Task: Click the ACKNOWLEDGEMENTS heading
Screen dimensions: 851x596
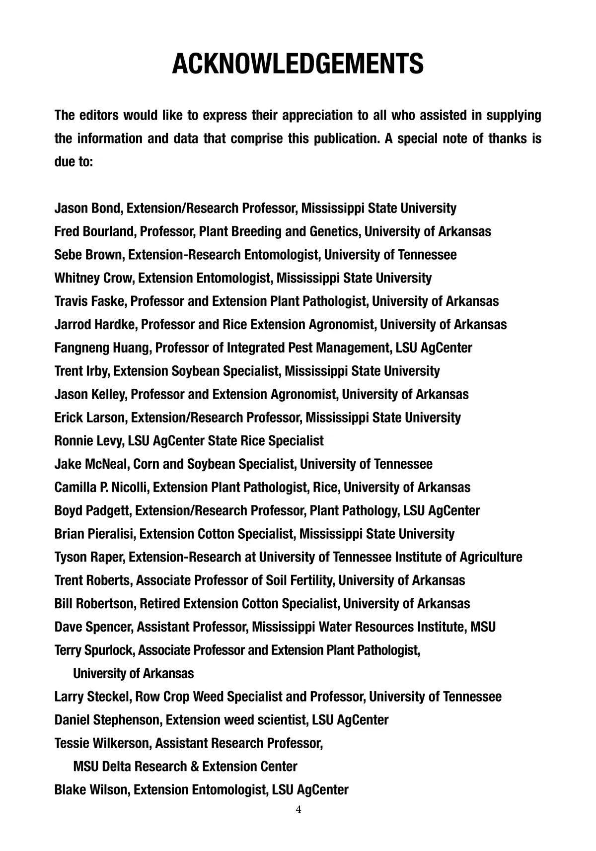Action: click(298, 64)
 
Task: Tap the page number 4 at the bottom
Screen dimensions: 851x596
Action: click(298, 810)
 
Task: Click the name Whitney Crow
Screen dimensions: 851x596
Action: click(94, 278)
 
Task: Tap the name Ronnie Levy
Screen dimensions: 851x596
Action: click(89, 441)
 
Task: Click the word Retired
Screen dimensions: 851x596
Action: click(159, 604)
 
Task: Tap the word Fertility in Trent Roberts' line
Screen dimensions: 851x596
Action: click(310, 580)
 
